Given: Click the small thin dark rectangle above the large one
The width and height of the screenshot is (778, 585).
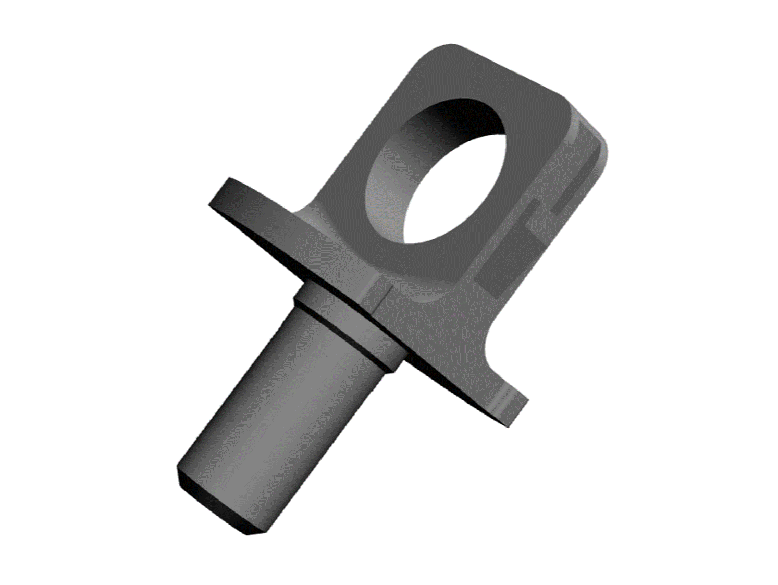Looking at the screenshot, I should coord(534,214).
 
